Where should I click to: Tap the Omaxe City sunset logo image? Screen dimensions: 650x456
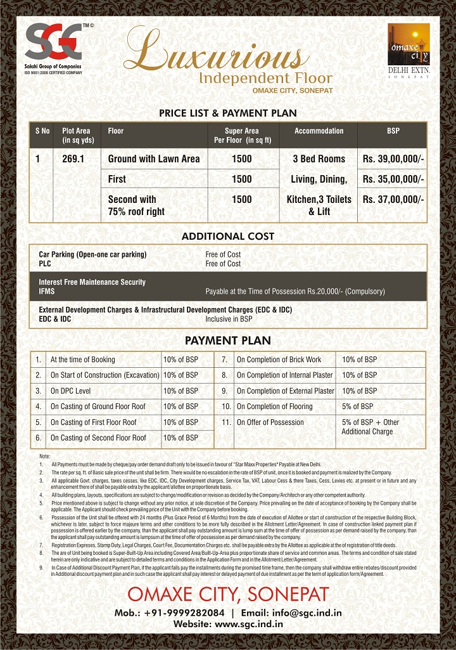[x=408, y=44]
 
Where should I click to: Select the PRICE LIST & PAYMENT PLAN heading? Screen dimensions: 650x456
[x=227, y=113]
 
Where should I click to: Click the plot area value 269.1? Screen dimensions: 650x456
[x=74, y=159]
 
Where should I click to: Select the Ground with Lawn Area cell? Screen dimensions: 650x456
[x=154, y=159]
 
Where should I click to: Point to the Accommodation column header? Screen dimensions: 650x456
[x=319, y=131]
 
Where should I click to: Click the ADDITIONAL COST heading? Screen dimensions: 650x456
[x=227, y=236]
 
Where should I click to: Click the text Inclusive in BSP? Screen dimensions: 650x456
[x=228, y=319]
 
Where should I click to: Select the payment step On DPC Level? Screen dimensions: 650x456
[x=70, y=391]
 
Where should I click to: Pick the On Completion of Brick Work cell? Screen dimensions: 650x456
[x=279, y=360]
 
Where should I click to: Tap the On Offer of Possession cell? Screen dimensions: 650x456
[x=270, y=422]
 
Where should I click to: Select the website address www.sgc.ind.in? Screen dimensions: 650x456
[x=249, y=625]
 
